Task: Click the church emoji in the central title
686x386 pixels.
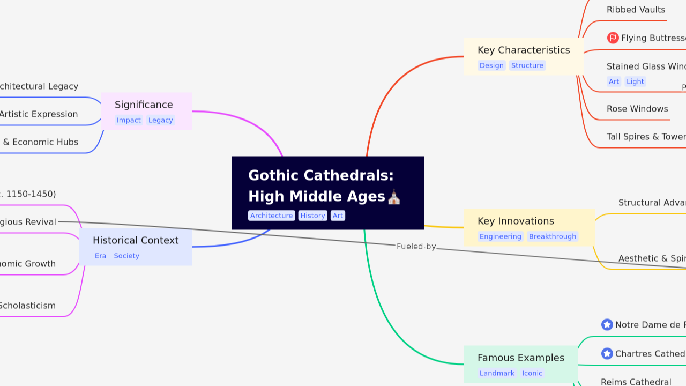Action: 394,197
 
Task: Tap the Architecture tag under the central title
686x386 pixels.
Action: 271,216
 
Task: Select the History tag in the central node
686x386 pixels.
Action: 312,216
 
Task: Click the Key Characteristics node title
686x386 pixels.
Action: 524,50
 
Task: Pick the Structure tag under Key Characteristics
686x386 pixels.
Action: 527,65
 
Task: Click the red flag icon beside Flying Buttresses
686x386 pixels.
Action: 613,38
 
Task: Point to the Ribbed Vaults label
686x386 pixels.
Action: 636,10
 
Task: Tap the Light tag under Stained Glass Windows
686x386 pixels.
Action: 635,81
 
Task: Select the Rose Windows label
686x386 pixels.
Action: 637,109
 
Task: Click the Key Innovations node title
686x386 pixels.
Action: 516,221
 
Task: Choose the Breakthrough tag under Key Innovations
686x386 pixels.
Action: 552,236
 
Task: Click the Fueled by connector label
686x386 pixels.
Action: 416,247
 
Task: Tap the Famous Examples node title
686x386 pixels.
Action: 520,358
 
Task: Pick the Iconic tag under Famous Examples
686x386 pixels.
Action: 532,373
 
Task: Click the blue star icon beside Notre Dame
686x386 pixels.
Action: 607,324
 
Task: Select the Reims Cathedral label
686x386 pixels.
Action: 636,382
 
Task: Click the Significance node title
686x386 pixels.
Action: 144,105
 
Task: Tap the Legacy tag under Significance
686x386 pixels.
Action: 160,120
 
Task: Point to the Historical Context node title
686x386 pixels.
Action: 136,240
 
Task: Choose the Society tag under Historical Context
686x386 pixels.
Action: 126,256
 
